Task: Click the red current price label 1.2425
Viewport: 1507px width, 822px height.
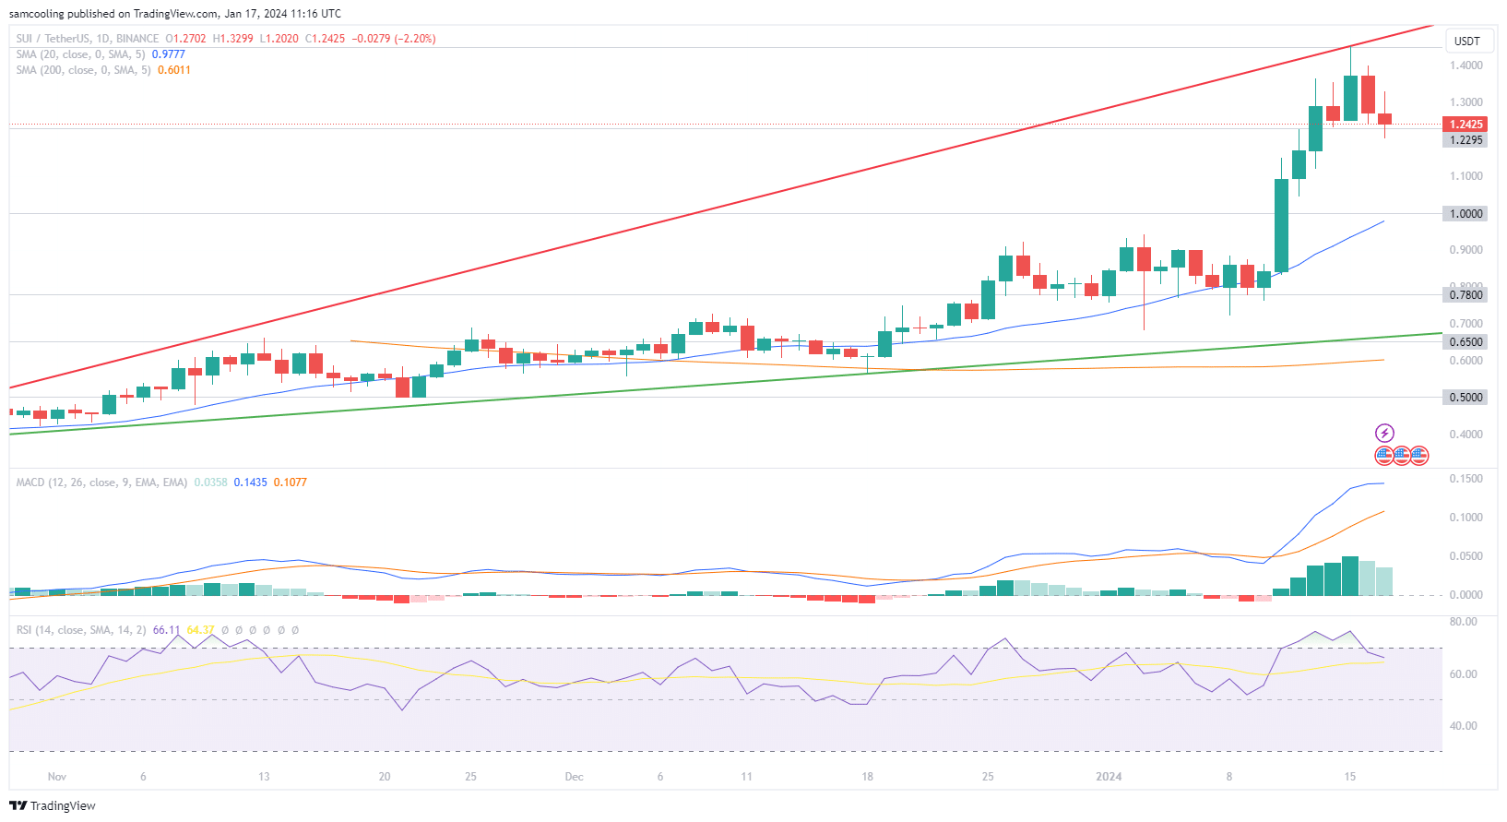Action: click(1465, 125)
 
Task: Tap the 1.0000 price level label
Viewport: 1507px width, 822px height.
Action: click(1465, 213)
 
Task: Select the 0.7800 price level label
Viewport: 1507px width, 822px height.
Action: click(1465, 295)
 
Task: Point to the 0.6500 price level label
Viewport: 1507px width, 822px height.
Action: click(1465, 341)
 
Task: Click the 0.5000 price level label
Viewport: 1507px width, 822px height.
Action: click(1465, 398)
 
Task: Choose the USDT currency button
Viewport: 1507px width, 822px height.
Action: click(1466, 41)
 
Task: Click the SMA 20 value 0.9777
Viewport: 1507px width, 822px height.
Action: click(168, 54)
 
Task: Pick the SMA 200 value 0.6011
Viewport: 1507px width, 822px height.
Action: click(173, 70)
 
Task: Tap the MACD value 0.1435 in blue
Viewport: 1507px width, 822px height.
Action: click(250, 482)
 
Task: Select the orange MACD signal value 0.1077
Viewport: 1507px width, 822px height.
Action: click(291, 482)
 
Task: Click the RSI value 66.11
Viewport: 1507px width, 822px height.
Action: click(166, 630)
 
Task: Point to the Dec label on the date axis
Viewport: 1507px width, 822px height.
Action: click(574, 777)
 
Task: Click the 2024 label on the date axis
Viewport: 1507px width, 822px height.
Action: click(1109, 777)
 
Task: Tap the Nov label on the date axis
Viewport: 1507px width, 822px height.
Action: click(57, 777)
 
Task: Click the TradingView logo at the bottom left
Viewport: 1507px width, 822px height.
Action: click(53, 805)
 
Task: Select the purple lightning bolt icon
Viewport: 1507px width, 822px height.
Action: click(1384, 433)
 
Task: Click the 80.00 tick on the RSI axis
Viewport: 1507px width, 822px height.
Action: click(1464, 622)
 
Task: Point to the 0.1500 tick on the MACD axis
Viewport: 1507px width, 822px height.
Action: click(1465, 479)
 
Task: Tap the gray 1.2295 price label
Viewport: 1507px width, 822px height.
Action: click(1465, 140)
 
